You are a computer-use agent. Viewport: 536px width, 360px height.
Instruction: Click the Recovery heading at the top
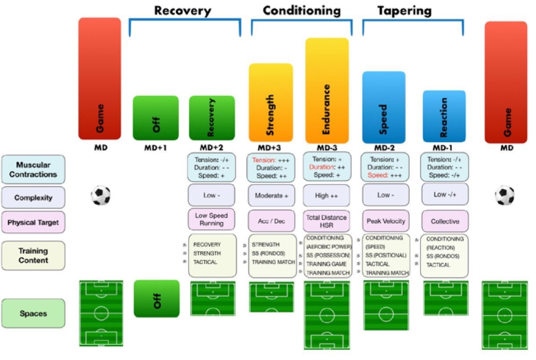[x=183, y=10]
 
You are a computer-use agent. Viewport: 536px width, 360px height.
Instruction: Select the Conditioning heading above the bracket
[x=301, y=10]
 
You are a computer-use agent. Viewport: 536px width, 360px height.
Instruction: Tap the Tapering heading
[x=404, y=10]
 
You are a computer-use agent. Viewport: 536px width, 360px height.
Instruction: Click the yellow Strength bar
[x=270, y=103]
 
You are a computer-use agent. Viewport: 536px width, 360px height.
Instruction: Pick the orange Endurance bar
[x=327, y=90]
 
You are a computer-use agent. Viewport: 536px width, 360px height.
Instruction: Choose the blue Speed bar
[x=384, y=107]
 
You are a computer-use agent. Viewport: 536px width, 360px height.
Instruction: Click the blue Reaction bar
[x=444, y=116]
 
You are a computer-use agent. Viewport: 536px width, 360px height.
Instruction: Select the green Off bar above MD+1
[x=155, y=118]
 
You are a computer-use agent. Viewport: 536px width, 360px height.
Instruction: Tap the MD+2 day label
[x=211, y=148]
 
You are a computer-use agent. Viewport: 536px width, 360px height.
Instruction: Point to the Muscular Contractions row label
[x=33, y=169]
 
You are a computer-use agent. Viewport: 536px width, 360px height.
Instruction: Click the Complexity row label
[x=33, y=197]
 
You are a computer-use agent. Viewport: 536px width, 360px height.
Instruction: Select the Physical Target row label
[x=33, y=223]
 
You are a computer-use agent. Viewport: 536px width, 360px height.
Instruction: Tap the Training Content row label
[x=33, y=255]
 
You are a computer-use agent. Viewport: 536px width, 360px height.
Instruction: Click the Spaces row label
[x=33, y=313]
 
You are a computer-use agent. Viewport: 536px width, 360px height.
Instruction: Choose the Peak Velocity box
[x=384, y=221]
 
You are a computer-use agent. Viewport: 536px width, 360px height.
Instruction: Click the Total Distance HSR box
[x=327, y=221]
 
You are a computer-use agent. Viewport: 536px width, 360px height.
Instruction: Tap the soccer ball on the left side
[x=101, y=195]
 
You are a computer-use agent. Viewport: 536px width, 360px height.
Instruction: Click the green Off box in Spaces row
[x=155, y=299]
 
